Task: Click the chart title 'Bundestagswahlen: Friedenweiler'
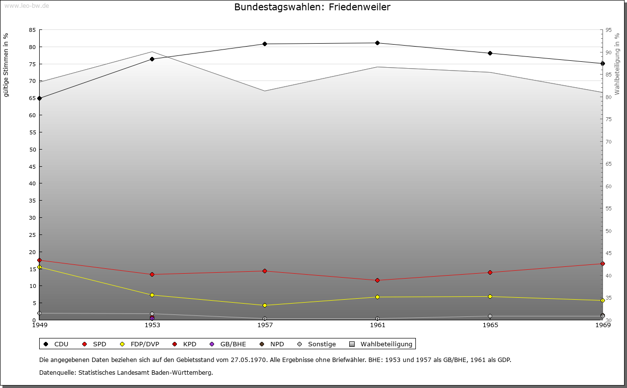tap(312, 7)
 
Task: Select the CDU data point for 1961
tap(377, 43)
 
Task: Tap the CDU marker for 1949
tap(39, 98)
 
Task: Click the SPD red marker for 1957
tap(265, 271)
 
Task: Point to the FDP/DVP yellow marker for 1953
tap(152, 295)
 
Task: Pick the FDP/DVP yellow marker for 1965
tap(490, 296)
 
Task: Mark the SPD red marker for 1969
tap(603, 263)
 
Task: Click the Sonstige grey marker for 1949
tap(39, 313)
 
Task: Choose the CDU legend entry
tap(56, 344)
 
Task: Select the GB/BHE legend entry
tap(228, 344)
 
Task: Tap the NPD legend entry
tap(272, 344)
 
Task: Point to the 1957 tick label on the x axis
tap(265, 325)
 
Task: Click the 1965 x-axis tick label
tap(490, 325)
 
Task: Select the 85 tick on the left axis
tap(32, 30)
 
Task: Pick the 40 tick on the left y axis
tap(32, 183)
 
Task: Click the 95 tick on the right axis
tap(608, 30)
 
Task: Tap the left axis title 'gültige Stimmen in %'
tap(6, 65)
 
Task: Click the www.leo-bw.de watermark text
tap(26, 5)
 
